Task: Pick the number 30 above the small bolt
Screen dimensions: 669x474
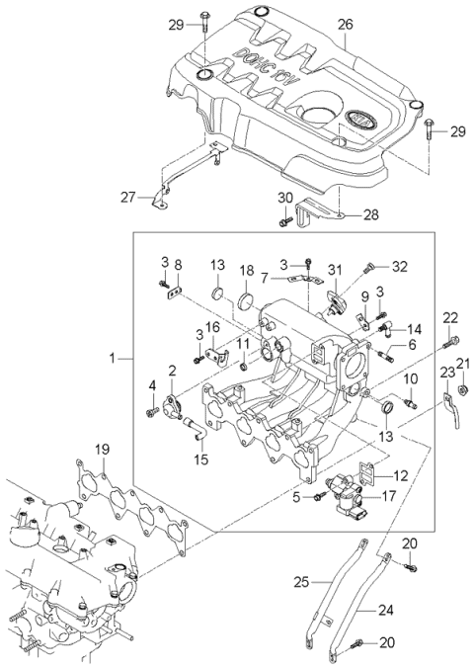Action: [x=285, y=198]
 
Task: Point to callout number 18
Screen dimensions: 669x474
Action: [x=247, y=270]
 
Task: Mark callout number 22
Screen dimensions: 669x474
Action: [x=449, y=317]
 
